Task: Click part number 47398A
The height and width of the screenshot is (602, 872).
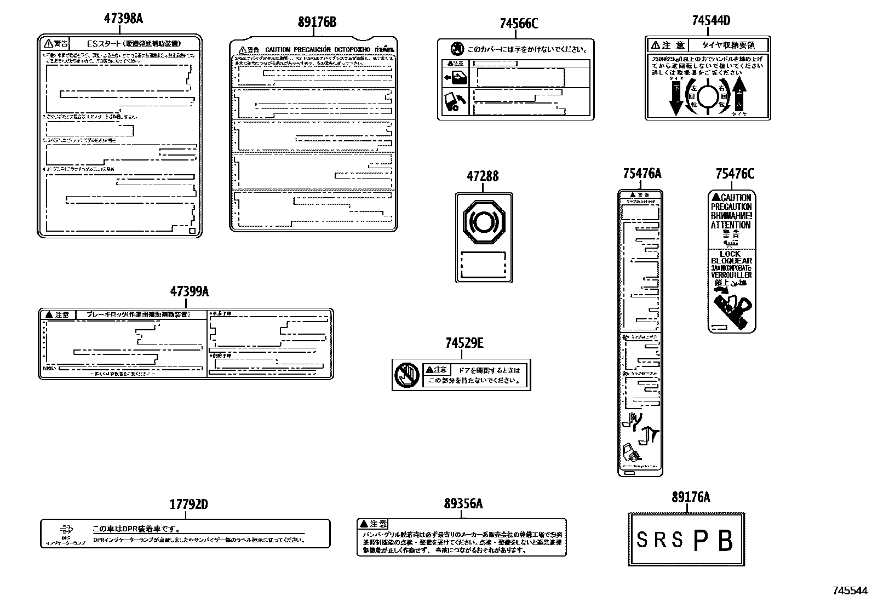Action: coord(123,19)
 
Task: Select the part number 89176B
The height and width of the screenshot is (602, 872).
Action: coord(317,22)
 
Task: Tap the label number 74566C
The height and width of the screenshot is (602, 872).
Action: coord(519,24)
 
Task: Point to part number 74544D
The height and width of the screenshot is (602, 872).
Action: coord(710,21)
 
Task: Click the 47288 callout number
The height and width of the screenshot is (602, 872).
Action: coord(483,176)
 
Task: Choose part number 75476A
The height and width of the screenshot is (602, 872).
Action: coord(641,174)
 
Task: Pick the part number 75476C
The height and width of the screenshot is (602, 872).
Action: coord(734,174)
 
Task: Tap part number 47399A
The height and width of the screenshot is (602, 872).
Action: coord(190,291)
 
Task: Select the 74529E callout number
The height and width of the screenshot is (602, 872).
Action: coord(464,343)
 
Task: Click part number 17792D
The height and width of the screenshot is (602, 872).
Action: coord(188,504)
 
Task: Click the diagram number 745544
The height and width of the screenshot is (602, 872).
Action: coord(850,590)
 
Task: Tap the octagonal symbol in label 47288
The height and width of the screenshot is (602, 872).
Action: coord(484,222)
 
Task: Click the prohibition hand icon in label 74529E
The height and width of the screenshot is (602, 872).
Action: coord(407,375)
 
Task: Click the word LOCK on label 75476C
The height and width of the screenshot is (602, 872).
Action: coord(730,254)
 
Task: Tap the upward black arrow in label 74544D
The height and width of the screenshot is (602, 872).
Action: coord(741,96)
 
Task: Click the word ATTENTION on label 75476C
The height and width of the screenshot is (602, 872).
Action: coord(731,225)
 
